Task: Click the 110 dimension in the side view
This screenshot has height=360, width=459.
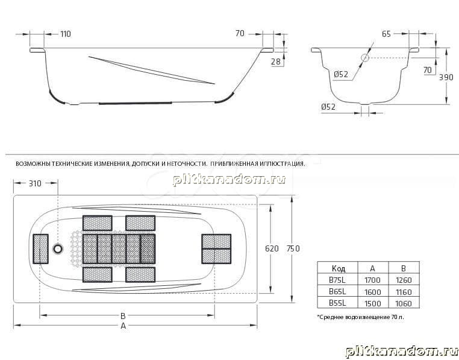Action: tap(66, 34)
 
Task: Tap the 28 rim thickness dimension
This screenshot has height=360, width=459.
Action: tap(275, 62)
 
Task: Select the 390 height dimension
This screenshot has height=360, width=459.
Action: tap(446, 77)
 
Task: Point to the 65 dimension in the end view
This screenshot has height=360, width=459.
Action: tap(386, 34)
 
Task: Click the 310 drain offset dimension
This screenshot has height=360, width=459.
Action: tap(35, 183)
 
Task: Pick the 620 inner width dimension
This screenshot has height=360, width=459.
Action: tap(272, 248)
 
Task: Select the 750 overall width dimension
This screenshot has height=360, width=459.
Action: tap(293, 248)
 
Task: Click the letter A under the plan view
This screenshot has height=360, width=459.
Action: tap(123, 326)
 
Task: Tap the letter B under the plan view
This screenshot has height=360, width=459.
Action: tap(123, 316)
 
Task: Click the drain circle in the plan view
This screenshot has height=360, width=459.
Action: tap(58, 249)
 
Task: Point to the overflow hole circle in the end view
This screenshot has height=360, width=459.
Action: tap(365, 58)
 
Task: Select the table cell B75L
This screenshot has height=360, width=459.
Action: tap(337, 280)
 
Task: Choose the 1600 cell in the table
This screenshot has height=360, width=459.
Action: tap(373, 292)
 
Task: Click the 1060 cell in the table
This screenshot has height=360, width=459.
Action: tap(404, 303)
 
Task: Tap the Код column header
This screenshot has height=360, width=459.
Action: tap(339, 268)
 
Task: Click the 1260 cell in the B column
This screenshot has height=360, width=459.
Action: tap(404, 280)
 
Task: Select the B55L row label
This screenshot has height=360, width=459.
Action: tap(337, 303)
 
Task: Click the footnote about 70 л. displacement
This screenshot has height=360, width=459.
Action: tap(361, 317)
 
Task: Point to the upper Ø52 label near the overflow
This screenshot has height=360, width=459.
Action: tap(341, 74)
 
